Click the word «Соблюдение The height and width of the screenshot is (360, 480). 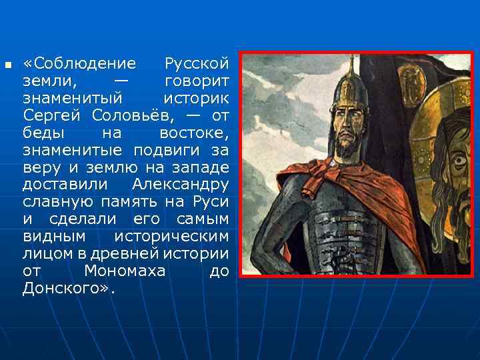79,64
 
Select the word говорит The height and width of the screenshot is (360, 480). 197,81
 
